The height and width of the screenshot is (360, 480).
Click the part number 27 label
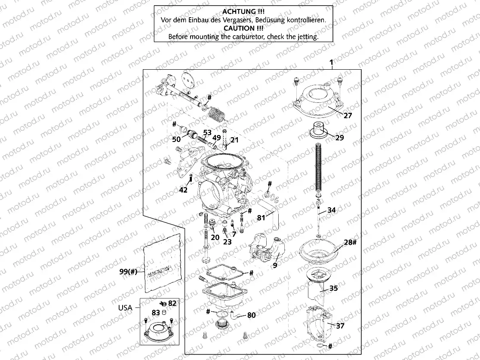348,115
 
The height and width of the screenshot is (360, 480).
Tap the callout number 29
340,138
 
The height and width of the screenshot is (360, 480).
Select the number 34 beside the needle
332,210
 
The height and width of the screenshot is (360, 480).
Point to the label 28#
350,243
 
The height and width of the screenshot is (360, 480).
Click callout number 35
333,288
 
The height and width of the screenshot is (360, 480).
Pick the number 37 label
340,326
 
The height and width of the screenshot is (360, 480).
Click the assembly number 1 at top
331,63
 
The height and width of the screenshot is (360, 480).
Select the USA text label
125,308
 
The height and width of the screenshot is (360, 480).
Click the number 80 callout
251,315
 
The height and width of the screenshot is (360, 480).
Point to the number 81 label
262,218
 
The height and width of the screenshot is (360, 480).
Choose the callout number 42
184,191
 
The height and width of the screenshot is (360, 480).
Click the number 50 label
176,139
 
